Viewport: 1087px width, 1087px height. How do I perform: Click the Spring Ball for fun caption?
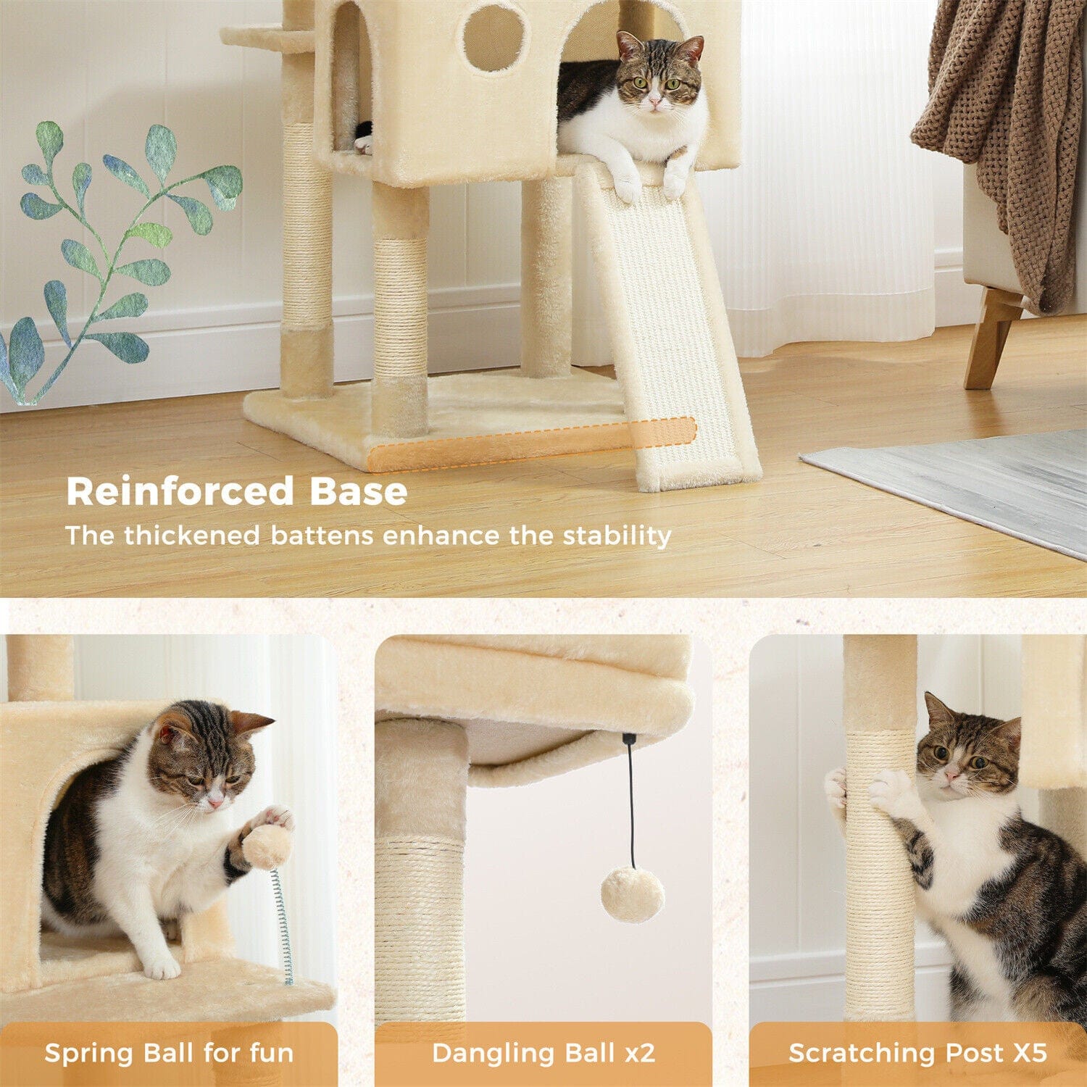[x=169, y=1052]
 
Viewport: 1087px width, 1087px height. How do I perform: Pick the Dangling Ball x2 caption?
[x=543, y=1052]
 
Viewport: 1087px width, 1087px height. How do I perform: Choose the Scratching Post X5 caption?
[x=917, y=1052]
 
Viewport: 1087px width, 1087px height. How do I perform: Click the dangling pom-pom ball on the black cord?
[x=632, y=895]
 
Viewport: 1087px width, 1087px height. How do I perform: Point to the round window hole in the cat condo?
[x=493, y=38]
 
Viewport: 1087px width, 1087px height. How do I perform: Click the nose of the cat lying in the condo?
[x=655, y=104]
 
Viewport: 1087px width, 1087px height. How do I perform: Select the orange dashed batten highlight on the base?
[x=532, y=443]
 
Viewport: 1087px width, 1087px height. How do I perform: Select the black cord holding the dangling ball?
[x=631, y=801]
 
